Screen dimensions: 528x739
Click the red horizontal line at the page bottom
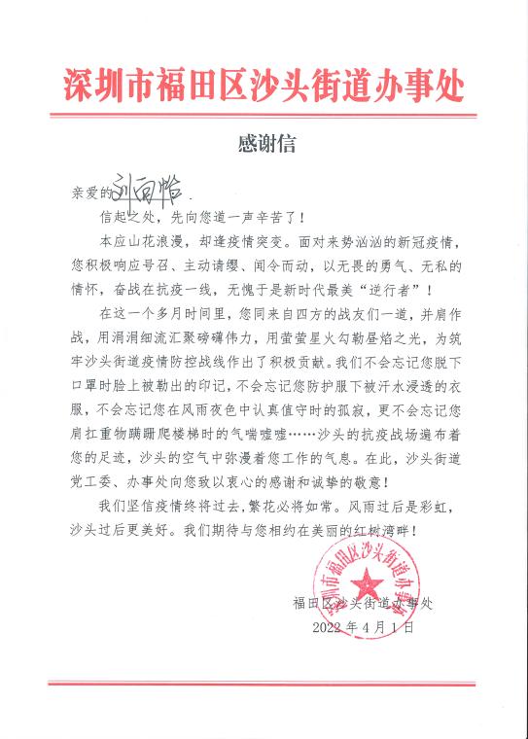click(x=264, y=682)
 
